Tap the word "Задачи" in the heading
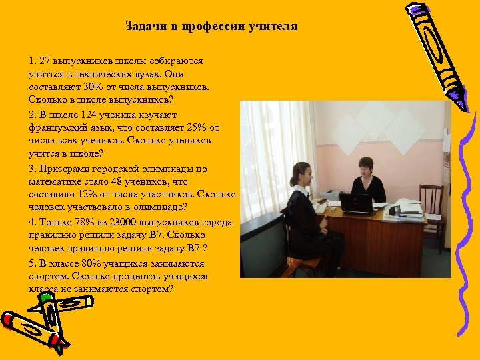tap(143, 27)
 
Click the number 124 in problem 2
tap(89, 115)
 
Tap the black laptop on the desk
tap(355, 203)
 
